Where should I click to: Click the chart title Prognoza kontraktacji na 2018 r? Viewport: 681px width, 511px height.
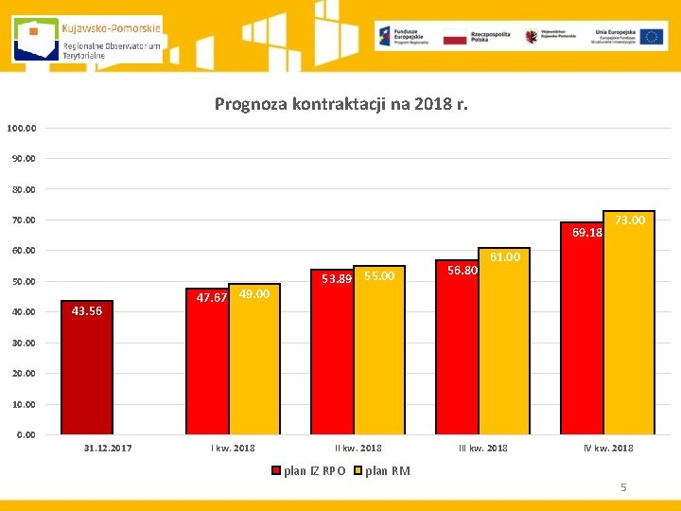coord(340,103)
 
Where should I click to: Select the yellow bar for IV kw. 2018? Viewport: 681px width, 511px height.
coord(629,326)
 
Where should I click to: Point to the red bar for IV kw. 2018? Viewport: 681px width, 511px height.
coord(582,331)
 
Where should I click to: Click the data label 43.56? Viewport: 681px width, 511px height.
coord(87,311)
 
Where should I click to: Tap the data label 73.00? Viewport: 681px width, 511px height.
coord(630,220)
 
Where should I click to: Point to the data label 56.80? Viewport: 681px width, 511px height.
coord(463,270)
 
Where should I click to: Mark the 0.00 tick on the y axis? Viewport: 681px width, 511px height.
coord(25,434)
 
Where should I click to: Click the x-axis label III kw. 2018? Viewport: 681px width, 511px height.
coord(482,448)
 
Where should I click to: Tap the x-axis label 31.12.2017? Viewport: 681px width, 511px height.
coord(108,448)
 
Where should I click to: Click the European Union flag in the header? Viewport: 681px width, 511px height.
coord(651,37)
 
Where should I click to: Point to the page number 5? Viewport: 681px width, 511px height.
coord(623,487)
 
